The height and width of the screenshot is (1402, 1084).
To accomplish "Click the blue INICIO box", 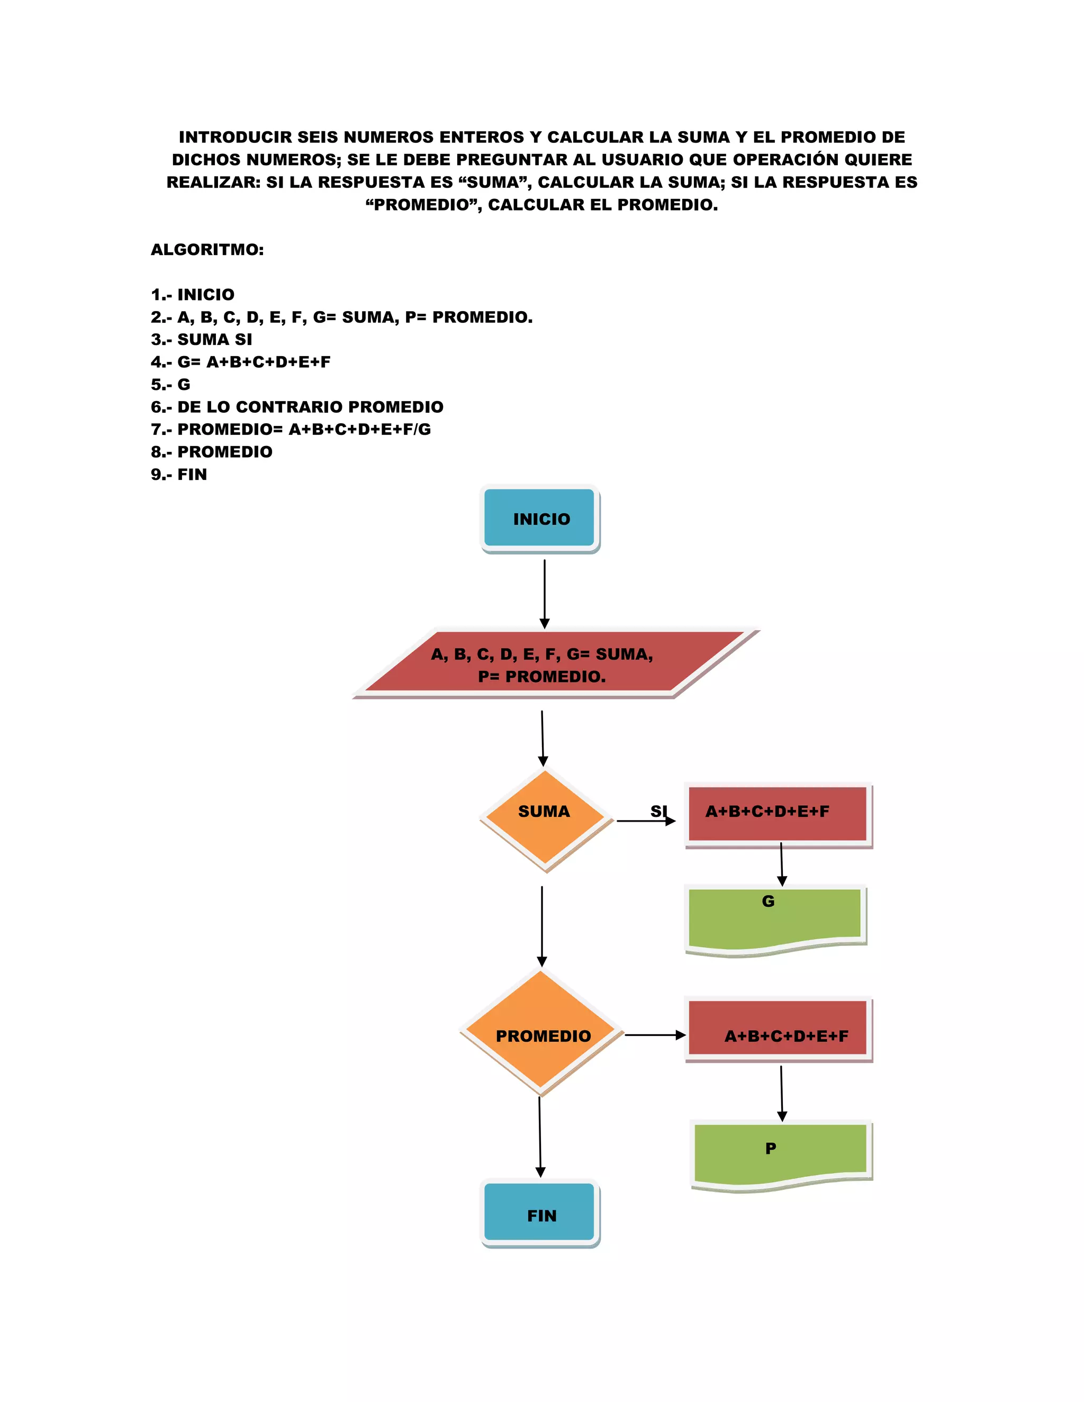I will click(x=539, y=518).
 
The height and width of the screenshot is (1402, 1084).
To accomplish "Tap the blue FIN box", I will click(x=539, y=1215).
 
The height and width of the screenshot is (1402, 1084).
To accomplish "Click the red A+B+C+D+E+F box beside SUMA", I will click(x=777, y=812).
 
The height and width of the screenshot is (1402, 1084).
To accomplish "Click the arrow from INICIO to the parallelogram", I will click(x=545, y=594).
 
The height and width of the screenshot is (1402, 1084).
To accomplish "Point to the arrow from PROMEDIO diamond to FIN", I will click(x=540, y=1136).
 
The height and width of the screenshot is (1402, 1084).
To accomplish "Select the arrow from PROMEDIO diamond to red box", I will click(x=654, y=1035).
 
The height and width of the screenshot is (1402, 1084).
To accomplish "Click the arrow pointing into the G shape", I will click(x=782, y=863).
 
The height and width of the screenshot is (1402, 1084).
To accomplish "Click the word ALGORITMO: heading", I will click(x=207, y=250).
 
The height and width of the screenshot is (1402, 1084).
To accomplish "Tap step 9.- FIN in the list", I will click(x=179, y=475).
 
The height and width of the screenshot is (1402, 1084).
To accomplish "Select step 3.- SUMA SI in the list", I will click(x=202, y=340).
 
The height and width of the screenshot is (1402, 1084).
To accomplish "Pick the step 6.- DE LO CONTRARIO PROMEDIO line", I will click(x=297, y=407).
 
